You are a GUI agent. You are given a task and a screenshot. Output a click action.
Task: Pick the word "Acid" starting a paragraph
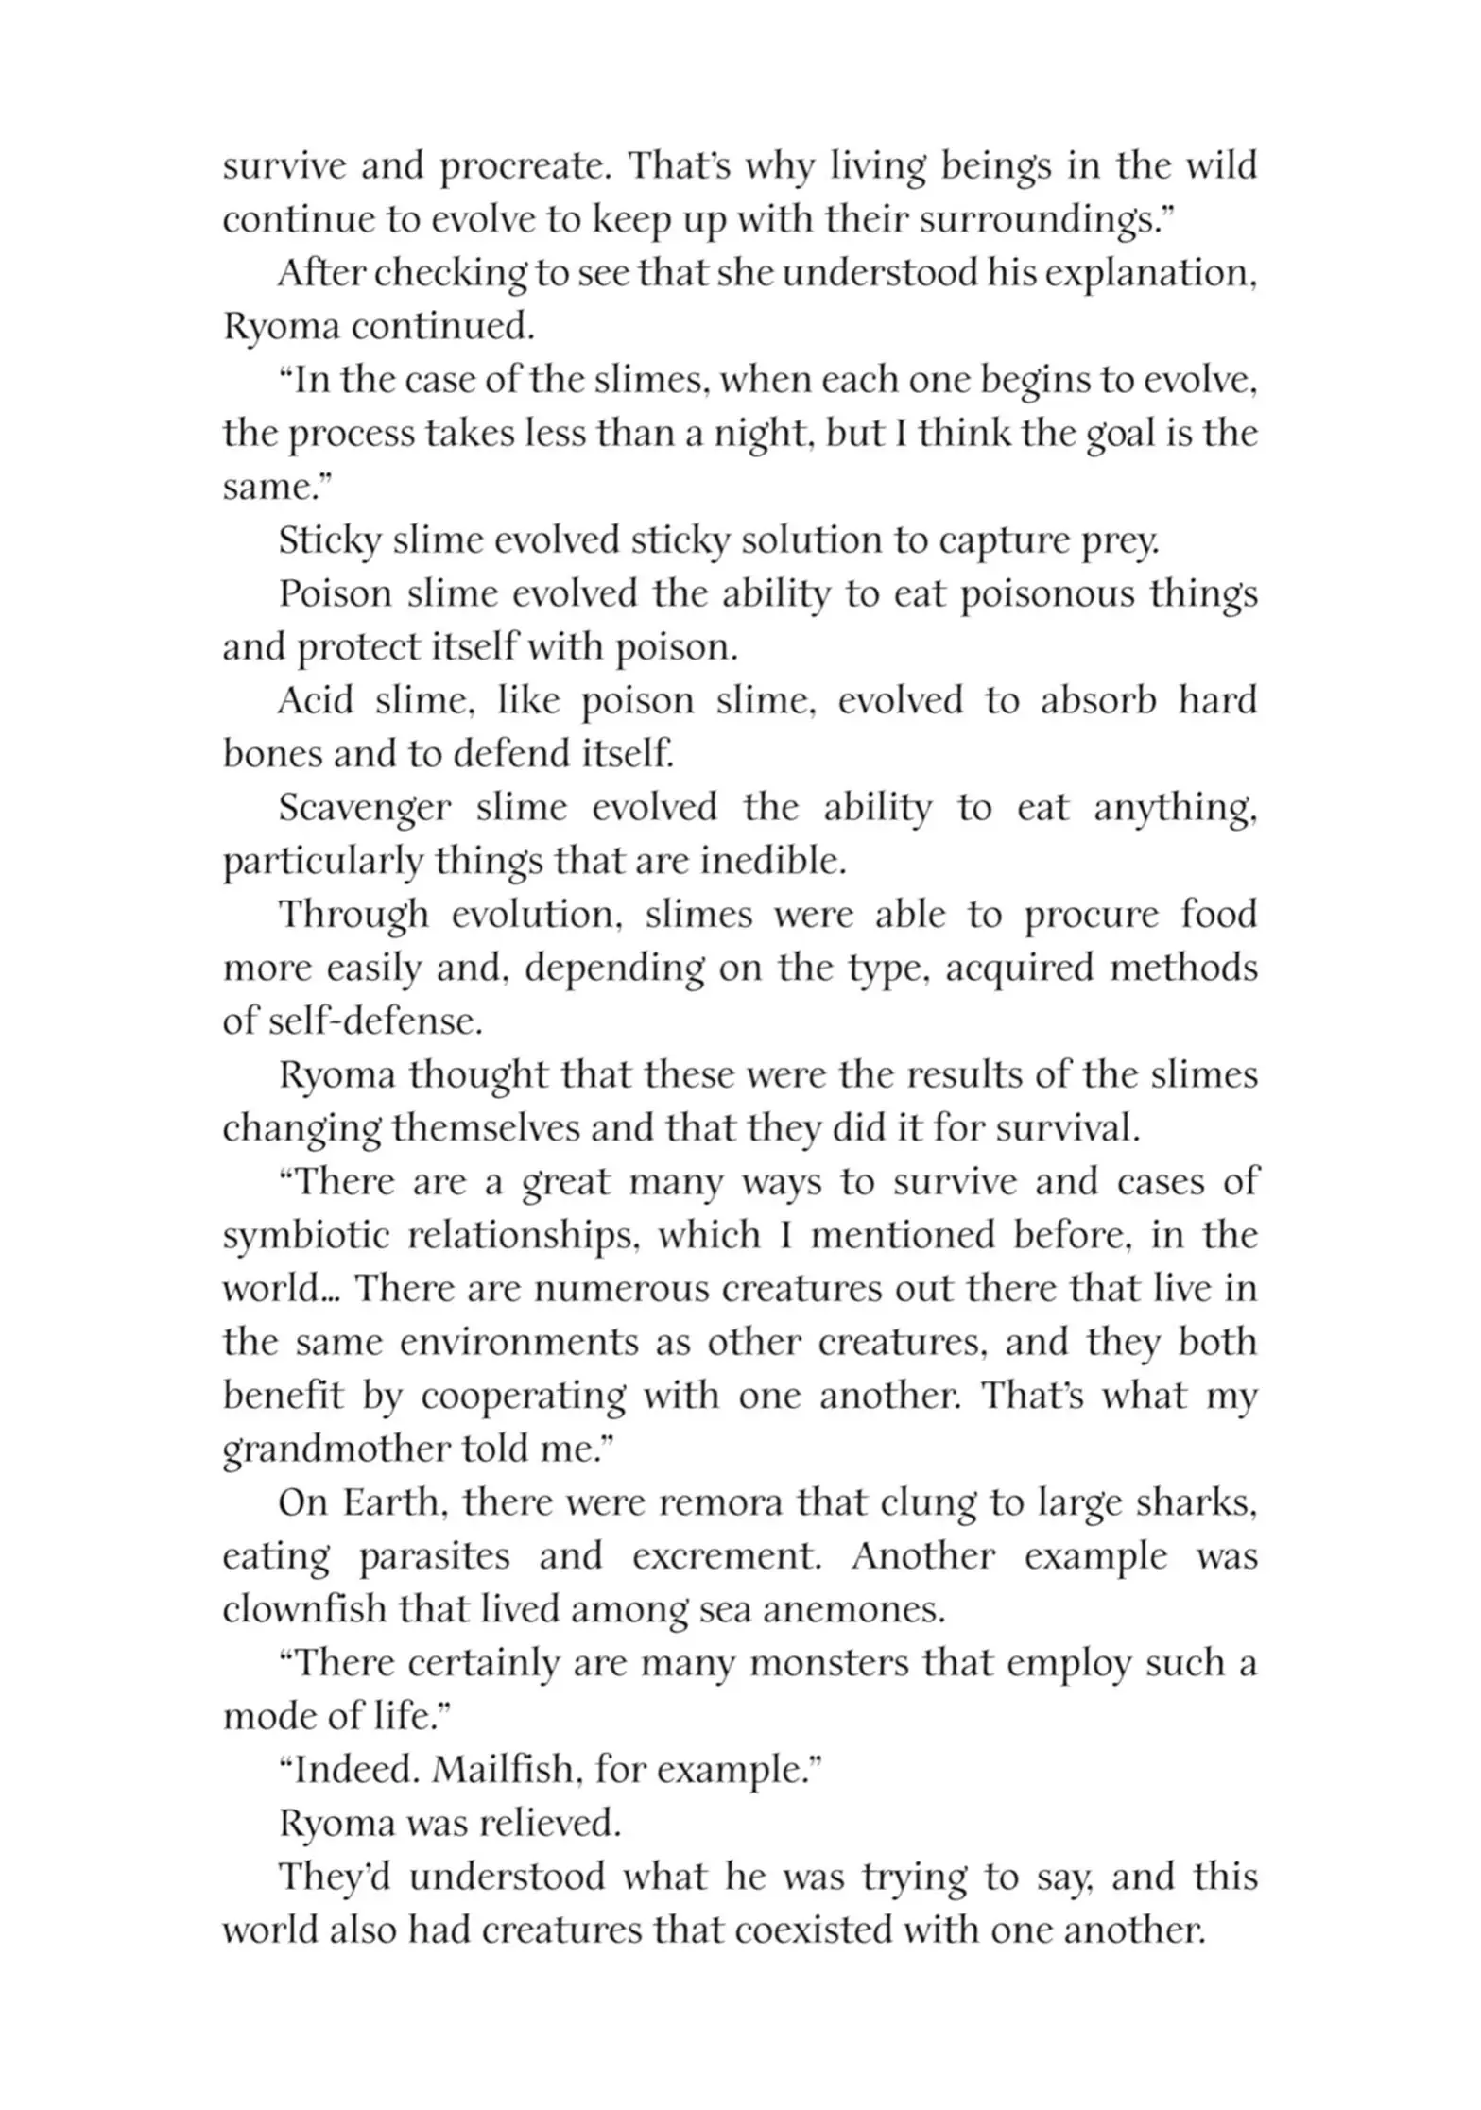pos(316,701)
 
